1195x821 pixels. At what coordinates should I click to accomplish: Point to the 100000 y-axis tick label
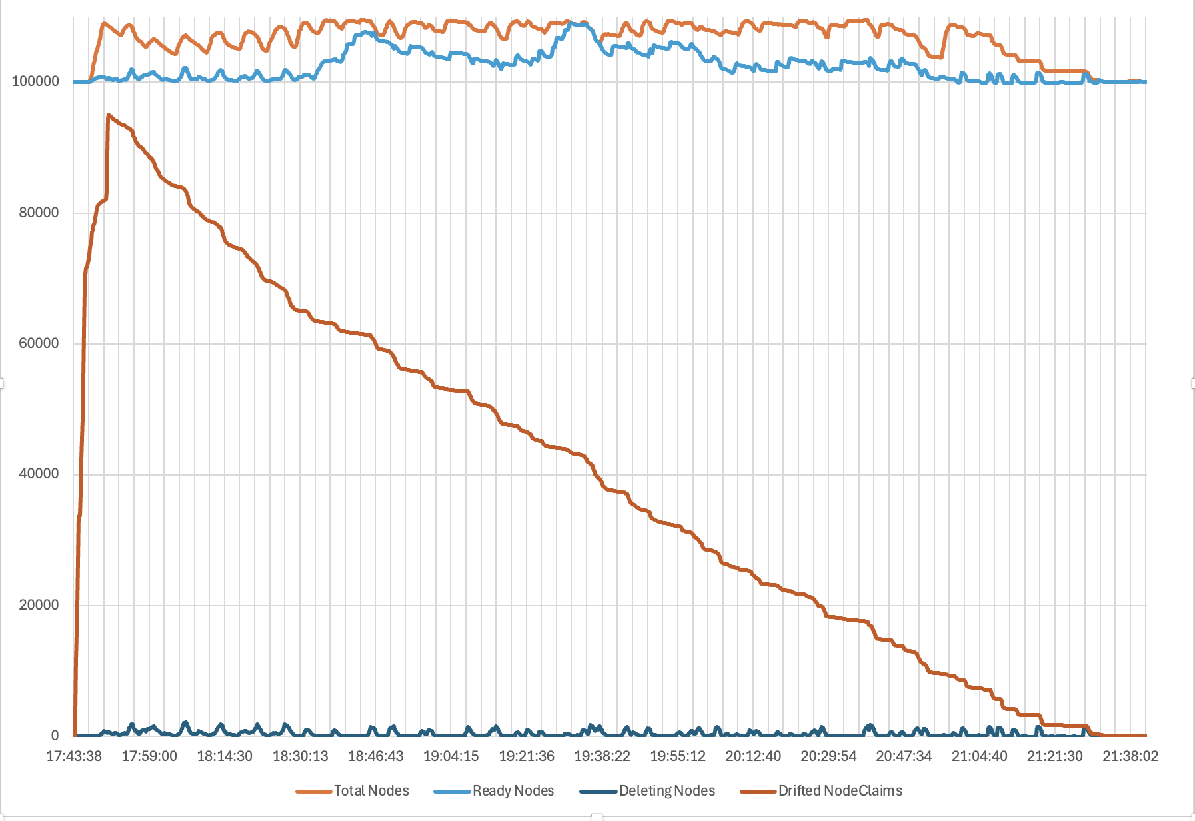pyautogui.click(x=35, y=81)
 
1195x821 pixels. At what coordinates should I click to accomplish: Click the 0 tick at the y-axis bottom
pyautogui.click(x=55, y=736)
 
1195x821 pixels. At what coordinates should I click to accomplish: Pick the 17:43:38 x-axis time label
pyautogui.click(x=74, y=756)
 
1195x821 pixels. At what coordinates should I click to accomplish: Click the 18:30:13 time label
pyautogui.click(x=300, y=756)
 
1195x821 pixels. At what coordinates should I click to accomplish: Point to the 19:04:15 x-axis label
pyautogui.click(x=451, y=756)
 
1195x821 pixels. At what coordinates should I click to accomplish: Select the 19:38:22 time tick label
pyautogui.click(x=602, y=756)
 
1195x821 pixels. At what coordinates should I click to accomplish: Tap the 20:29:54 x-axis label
pyautogui.click(x=828, y=756)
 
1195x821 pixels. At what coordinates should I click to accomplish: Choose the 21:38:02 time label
pyautogui.click(x=1130, y=756)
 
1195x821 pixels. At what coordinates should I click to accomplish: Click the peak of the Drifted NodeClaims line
pyautogui.click(x=109, y=115)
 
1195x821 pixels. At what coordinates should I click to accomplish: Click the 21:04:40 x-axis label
pyautogui.click(x=979, y=756)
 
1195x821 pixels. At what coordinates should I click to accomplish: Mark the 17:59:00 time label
pyautogui.click(x=149, y=756)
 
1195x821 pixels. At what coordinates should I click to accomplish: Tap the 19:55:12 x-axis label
pyautogui.click(x=678, y=756)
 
